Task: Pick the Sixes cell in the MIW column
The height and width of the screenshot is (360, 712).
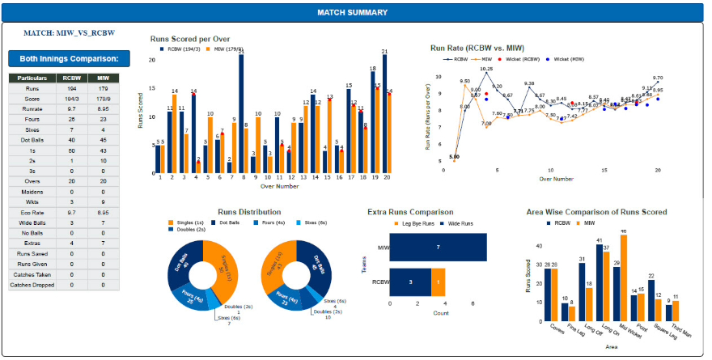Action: pos(103,129)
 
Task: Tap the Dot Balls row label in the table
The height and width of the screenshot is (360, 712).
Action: pos(32,140)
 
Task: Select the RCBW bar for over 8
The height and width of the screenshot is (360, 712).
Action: pos(241,113)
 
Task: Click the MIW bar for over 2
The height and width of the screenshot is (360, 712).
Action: pos(174,133)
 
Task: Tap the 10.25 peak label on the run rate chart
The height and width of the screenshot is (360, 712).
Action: pos(486,70)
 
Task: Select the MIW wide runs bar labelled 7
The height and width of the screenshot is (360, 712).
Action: pos(438,246)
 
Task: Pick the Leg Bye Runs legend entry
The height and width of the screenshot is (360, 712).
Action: pos(413,222)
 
